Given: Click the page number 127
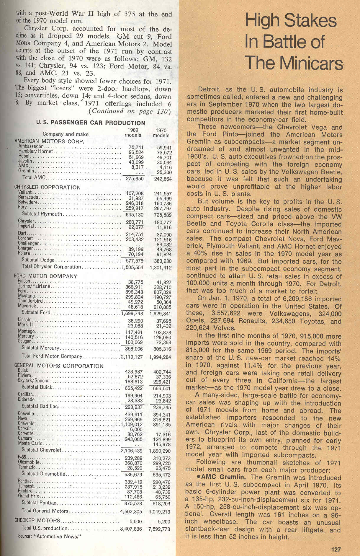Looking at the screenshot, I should pyautogui.click(x=336, y=549).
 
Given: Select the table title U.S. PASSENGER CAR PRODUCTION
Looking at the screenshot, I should pyautogui.click(x=91, y=123).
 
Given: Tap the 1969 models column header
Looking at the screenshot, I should pyautogui.click(x=133, y=133).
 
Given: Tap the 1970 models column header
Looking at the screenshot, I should pyautogui.click(x=161, y=133).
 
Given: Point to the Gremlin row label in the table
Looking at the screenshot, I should pyautogui.click(x=26, y=171).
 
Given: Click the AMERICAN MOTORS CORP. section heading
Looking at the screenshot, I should pyautogui.click(x=50, y=141).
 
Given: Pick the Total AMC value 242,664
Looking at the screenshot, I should pyautogui.click(x=161, y=179).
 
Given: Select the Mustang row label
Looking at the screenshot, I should pyautogui.click(x=27, y=296).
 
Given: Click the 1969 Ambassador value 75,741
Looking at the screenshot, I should pyautogui.click(x=136, y=147).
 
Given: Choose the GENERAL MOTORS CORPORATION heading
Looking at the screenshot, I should pyautogui.click(x=59, y=366).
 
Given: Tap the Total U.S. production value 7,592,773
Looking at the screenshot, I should pyautogui.click(x=160, y=529).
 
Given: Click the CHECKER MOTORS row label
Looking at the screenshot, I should pyautogui.click(x=37, y=521).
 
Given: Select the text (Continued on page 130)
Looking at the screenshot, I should pyautogui.click(x=130, y=111).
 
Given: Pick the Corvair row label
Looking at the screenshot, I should pyautogui.click(x=25, y=429).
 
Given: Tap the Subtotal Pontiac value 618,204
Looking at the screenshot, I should pyautogui.click(x=161, y=503).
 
